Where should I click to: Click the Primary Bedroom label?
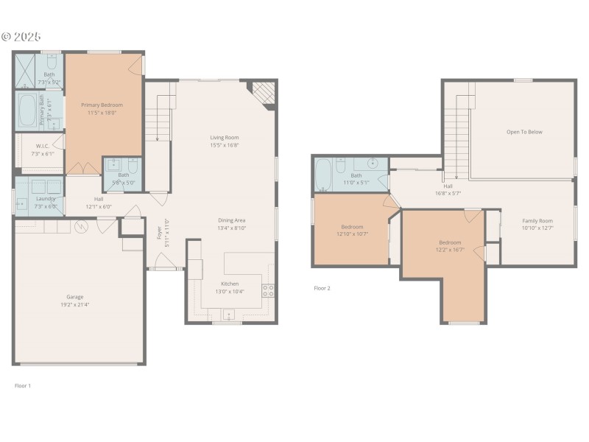point(102,105)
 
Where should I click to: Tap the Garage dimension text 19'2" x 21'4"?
point(74,304)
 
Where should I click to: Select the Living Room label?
point(224,137)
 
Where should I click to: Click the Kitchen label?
point(230,284)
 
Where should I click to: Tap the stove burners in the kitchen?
point(269,290)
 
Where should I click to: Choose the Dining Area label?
point(231,220)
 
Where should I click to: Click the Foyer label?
point(160,233)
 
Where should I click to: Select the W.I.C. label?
point(43,146)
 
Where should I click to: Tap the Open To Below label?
point(524,132)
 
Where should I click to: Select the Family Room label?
point(537,221)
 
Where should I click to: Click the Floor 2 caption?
point(322,288)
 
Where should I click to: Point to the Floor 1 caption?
point(23,385)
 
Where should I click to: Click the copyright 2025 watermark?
point(21,36)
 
